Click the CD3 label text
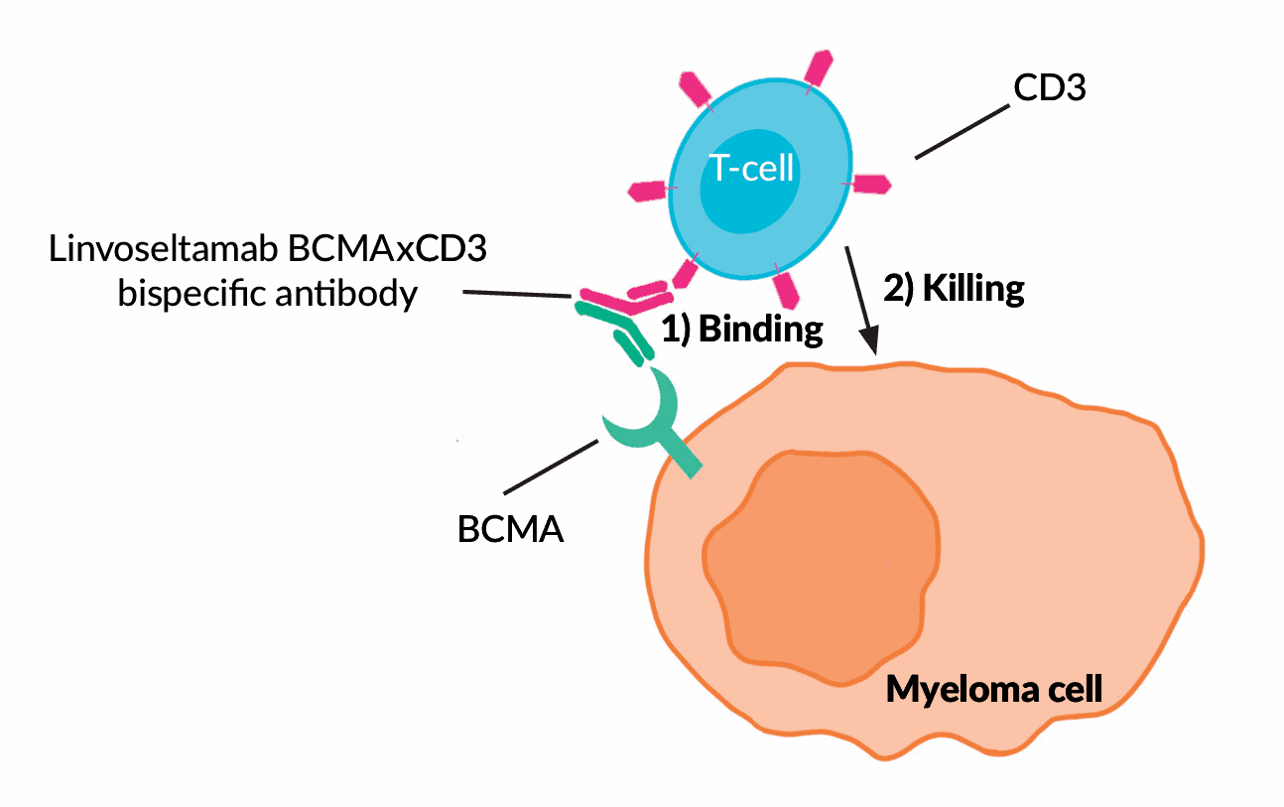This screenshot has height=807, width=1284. pyautogui.click(x=1049, y=89)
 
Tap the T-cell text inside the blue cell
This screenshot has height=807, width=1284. pyautogui.click(x=751, y=169)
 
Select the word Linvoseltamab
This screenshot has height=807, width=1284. pyautogui.click(x=163, y=249)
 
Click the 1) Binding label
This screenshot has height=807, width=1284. pyautogui.click(x=742, y=330)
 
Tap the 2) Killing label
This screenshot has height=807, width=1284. pyautogui.click(x=953, y=289)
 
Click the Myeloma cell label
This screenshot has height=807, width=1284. pyautogui.click(x=993, y=688)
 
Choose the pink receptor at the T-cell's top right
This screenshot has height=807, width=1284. pyautogui.click(x=819, y=69)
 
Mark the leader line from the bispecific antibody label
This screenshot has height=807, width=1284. pyautogui.click(x=517, y=295)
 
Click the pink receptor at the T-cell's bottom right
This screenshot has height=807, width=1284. pyautogui.click(x=787, y=287)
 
